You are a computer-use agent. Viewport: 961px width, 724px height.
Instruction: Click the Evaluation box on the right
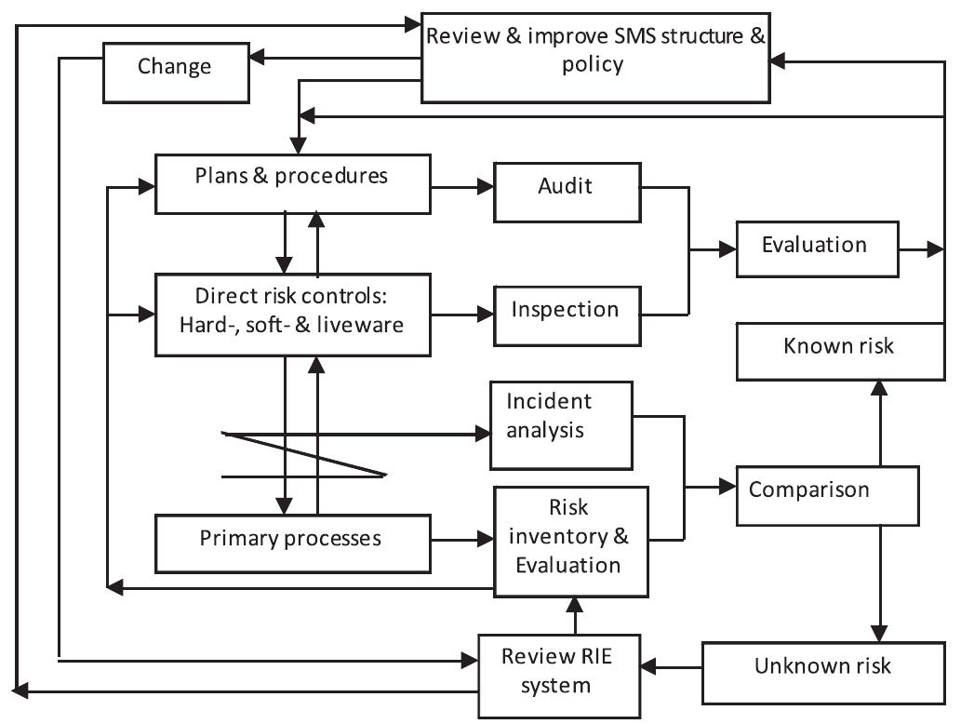click(x=816, y=248)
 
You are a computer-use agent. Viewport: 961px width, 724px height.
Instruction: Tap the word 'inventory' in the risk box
click(x=570, y=538)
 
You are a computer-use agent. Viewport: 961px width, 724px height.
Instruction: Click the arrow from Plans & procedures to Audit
click(x=462, y=187)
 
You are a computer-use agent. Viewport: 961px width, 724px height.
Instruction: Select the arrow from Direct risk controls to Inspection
click(x=462, y=315)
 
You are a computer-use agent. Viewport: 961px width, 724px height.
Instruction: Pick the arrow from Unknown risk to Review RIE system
click(x=672, y=667)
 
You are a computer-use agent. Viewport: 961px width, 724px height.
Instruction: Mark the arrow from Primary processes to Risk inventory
click(x=462, y=538)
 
